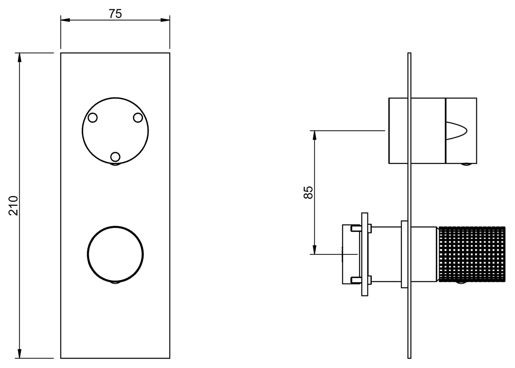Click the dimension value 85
tap(309, 192)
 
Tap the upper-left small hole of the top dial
tap(93, 118)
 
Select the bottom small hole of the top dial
tap(115, 156)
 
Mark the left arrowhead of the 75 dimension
tap(64, 20)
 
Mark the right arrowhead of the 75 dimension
tap(166, 20)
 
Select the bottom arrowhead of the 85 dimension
tap(314, 251)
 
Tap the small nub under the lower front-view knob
tap(115, 283)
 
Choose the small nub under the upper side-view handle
tap(465, 165)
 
